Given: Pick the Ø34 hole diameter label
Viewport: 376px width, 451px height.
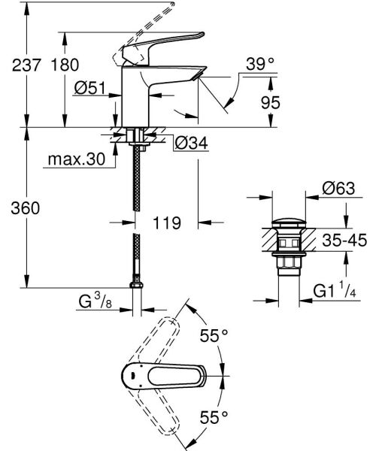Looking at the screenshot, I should [190, 142].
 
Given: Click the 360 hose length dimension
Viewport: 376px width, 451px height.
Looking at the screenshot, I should [16, 207].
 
